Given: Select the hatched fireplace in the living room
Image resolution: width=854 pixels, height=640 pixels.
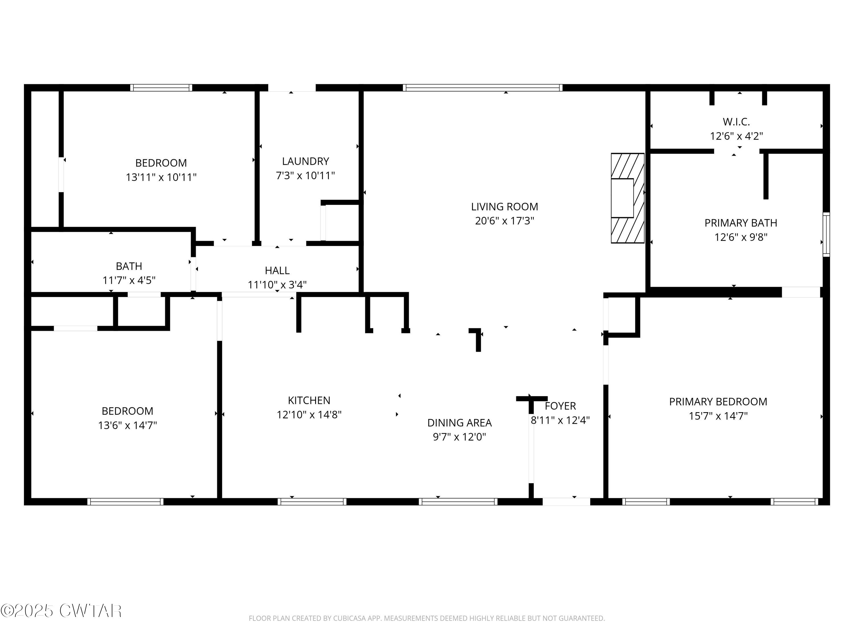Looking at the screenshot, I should (627, 198).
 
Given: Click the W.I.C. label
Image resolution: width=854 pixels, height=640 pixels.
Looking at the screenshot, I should (736, 122).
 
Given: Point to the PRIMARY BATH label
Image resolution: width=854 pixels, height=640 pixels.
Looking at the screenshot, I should (740, 223).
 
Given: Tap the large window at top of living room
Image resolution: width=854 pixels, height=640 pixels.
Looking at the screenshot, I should (482, 88).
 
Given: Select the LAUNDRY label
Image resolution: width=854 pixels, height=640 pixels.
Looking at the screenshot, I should (305, 161).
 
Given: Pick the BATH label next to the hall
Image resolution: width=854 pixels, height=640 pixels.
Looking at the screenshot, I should (129, 266).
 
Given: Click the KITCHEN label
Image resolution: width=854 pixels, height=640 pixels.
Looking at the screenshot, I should (309, 400).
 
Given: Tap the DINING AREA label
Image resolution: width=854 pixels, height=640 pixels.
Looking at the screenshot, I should (459, 423).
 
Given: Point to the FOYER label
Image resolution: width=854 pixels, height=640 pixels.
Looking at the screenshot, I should (560, 406).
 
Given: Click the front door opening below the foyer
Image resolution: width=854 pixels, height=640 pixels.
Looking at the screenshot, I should (566, 501).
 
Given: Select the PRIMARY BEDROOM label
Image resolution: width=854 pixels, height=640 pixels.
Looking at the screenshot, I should (718, 402).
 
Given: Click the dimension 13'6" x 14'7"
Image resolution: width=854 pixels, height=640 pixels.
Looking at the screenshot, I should (128, 425).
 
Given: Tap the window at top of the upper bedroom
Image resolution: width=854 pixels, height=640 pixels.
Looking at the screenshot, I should (161, 88).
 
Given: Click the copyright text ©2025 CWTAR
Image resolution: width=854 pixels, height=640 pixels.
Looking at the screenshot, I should (61, 611).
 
